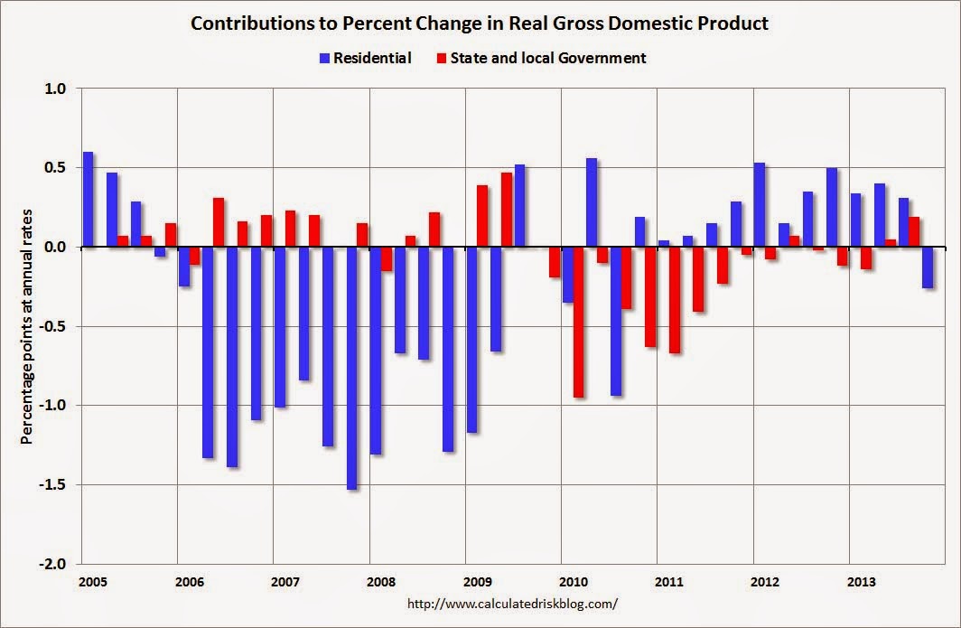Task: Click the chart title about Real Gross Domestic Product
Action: click(x=480, y=24)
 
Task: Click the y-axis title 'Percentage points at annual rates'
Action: click(x=27, y=326)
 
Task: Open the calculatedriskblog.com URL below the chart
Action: click(x=514, y=603)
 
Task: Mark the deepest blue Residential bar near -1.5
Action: click(x=352, y=368)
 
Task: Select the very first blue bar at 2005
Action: click(x=88, y=200)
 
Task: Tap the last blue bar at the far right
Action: click(x=928, y=267)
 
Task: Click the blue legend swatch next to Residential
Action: click(x=324, y=59)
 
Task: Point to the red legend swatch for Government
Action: click(x=442, y=59)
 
